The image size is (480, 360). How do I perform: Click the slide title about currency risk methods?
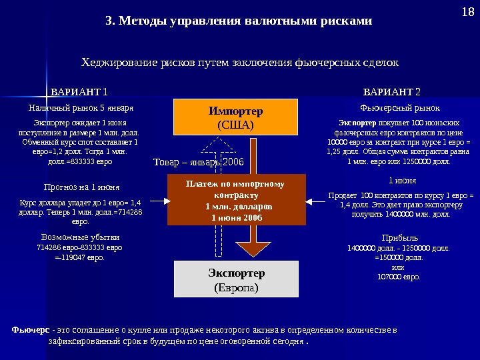click(239, 21)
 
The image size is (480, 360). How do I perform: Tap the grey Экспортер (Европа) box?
click(236, 280)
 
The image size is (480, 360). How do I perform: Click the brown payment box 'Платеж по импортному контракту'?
click(236, 200)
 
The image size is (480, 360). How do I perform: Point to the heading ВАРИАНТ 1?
click(79, 91)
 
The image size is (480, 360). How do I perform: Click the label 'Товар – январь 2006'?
click(199, 162)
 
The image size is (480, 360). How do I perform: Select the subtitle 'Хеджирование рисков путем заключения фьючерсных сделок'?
click(239, 63)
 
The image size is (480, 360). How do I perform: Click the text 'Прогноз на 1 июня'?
click(77, 187)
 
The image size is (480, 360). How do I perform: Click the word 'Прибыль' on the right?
click(399, 237)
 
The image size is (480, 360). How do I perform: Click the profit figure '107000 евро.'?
click(399, 276)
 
